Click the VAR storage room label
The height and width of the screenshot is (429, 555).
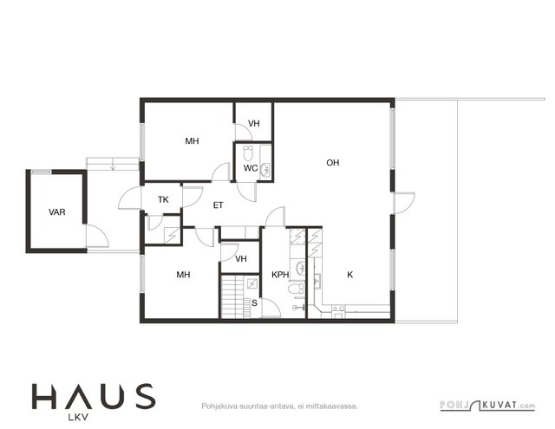(57, 212)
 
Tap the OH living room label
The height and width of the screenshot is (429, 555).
(333, 163)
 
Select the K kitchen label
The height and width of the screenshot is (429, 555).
(350, 275)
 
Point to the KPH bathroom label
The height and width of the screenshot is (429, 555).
(280, 275)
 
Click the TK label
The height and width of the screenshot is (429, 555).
(163, 200)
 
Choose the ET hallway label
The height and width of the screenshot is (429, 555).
(218, 205)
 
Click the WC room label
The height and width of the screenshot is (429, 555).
(251, 168)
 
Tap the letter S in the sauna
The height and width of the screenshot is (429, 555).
(254, 303)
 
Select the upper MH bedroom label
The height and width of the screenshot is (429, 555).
(193, 141)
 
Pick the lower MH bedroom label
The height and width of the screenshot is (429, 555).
(183, 275)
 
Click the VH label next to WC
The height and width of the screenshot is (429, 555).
(254, 123)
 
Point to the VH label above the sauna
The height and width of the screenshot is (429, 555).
(241, 259)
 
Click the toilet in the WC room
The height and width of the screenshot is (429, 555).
(248, 153)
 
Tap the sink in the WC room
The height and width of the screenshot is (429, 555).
(265, 169)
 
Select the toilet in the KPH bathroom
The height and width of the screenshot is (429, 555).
(296, 289)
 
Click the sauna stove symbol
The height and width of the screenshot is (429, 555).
(252, 283)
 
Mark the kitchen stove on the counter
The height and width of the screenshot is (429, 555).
(338, 309)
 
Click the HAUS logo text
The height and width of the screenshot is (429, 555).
(94, 397)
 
